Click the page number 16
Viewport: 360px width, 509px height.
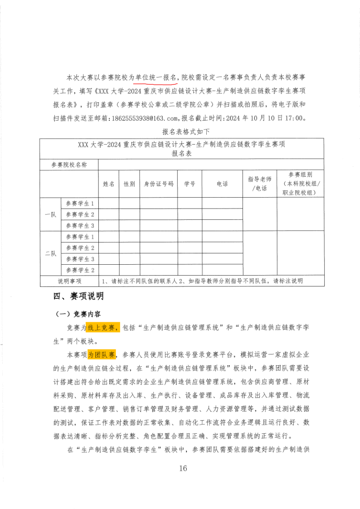pos(183,468)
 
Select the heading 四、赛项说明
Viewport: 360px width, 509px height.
pos(78,296)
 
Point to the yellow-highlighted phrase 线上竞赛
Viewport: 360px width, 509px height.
pos(103,328)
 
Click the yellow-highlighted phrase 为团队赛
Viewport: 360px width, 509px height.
pos(102,354)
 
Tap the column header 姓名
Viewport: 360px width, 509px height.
pos(108,184)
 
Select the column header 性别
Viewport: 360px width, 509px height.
pos(129,184)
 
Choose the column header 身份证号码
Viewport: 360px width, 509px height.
pos(158,184)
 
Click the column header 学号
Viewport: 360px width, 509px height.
pos(190,184)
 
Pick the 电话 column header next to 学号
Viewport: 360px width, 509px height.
pos(222,184)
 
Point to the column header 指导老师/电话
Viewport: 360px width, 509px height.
pos(260,184)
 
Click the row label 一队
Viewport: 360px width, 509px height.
pos(50,215)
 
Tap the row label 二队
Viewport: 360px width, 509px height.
pos(50,254)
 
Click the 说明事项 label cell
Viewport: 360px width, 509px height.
pos(69,281)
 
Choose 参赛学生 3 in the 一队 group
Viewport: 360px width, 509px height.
pos(80,226)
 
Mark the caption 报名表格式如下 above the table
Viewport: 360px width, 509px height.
pos(182,132)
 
